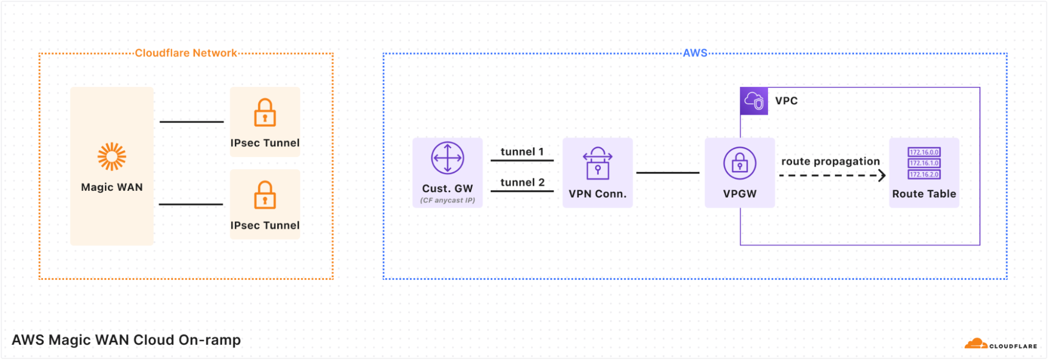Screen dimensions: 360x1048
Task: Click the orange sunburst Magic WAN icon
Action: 112,157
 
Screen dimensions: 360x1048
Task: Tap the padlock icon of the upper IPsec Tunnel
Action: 265,113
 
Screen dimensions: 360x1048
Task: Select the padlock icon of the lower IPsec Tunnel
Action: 265,195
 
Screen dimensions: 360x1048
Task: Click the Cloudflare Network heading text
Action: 186,53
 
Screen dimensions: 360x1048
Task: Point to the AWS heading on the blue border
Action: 695,53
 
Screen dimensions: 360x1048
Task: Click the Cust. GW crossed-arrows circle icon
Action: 447,158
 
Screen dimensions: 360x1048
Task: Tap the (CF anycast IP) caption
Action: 447,200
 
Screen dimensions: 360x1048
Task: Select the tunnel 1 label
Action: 522,151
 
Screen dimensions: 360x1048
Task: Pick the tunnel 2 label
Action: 522,182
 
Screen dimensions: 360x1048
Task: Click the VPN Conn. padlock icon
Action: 597,163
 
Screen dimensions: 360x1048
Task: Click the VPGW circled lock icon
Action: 739,163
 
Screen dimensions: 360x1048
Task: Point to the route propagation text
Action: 830,161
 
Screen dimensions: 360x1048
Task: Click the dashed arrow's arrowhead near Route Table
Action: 882,176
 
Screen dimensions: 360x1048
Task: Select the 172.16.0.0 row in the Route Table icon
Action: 924,152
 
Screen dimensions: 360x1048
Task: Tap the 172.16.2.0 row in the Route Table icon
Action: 924,174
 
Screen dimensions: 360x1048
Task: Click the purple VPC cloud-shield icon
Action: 754,101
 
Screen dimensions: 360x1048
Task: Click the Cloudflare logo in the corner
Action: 1000,345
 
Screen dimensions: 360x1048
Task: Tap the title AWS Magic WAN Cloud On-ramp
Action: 126,340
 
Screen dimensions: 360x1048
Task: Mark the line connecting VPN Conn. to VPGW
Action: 667,172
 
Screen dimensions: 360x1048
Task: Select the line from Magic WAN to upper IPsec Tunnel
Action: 191,122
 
